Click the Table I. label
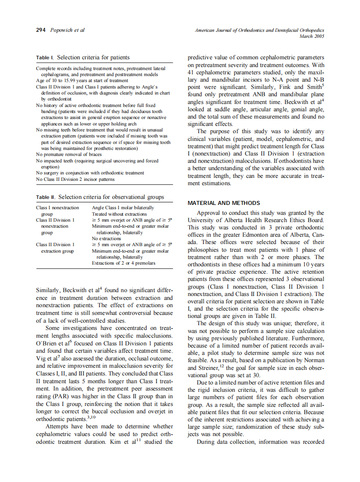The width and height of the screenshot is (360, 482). (45, 58)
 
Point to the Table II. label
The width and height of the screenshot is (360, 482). (46, 197)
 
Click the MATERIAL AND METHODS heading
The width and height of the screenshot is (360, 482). (224, 203)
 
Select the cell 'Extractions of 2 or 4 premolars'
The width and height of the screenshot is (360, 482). (124, 263)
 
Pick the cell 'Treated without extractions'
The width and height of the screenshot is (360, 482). (119, 214)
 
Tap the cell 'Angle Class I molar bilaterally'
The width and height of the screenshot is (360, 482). (123, 208)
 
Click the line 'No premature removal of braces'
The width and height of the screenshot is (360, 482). (69, 154)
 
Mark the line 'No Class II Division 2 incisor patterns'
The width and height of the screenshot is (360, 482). (75, 179)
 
